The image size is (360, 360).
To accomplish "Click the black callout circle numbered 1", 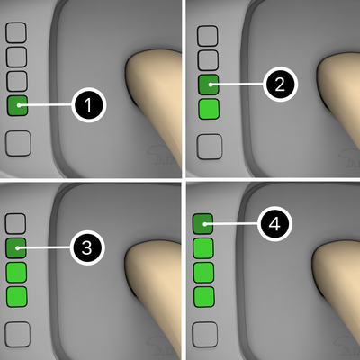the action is [x=89, y=105].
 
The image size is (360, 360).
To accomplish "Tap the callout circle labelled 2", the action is [x=280, y=85].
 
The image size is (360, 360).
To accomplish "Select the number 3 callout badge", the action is [x=87, y=248].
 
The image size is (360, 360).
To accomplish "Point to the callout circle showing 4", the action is [x=274, y=224].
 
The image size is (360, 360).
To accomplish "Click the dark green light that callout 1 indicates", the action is [x=17, y=105].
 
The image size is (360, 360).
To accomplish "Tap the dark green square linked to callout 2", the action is [x=209, y=85].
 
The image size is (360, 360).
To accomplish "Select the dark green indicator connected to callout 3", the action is [x=16, y=248].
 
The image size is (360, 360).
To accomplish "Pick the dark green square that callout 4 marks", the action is [x=202, y=224].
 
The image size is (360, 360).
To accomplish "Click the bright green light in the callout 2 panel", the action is [x=209, y=109].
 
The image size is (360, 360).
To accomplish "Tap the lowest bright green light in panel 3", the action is [x=17, y=297].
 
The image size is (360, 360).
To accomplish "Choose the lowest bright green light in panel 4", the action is [x=203, y=297].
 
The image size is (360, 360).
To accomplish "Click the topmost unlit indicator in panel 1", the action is [x=16, y=32].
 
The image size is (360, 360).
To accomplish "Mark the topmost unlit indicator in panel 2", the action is [x=208, y=36].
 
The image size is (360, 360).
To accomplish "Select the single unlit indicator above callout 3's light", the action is [x=16, y=224].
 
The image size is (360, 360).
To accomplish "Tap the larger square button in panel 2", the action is [x=210, y=147].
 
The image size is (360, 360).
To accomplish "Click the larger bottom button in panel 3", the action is [x=18, y=334].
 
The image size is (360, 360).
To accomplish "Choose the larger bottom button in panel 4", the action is [x=205, y=335].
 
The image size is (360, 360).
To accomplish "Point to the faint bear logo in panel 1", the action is [x=162, y=156].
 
